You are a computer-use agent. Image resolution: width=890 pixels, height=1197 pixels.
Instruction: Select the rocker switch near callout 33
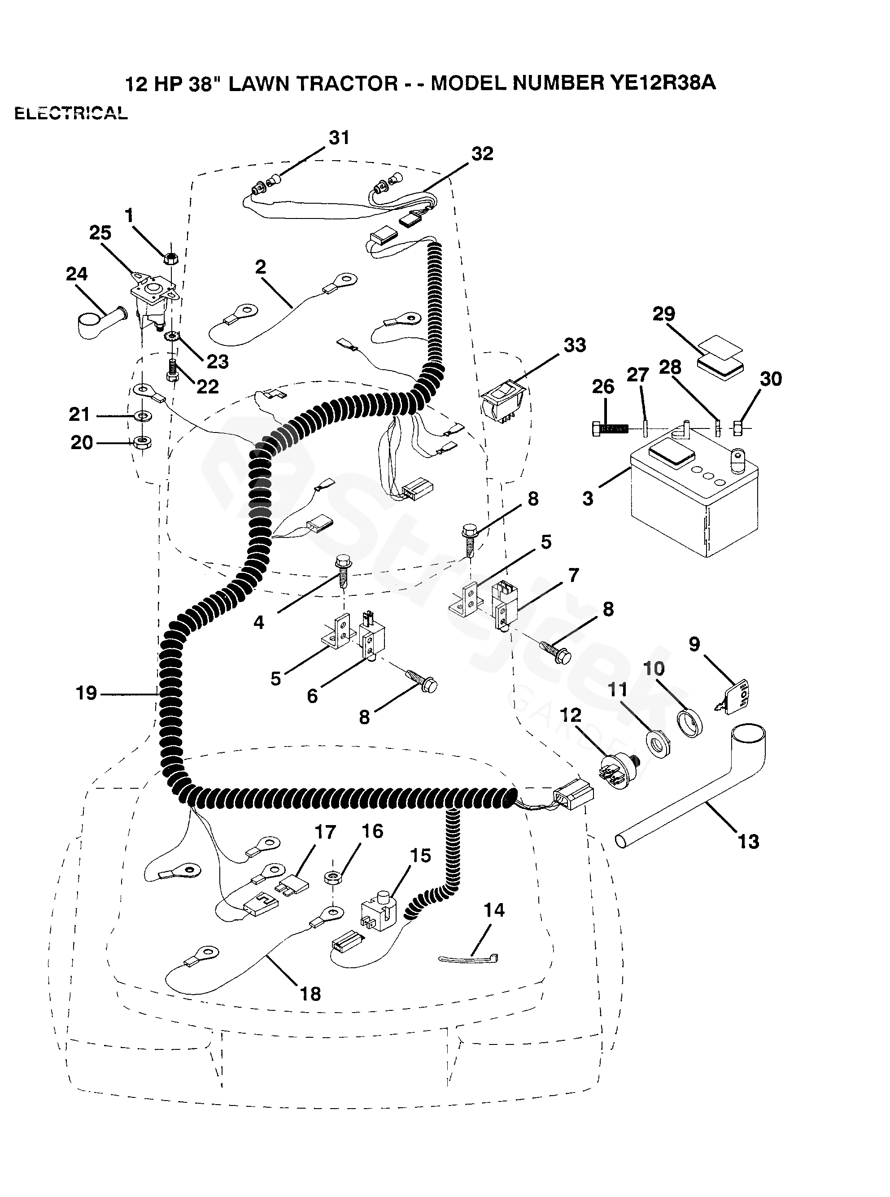[x=504, y=399]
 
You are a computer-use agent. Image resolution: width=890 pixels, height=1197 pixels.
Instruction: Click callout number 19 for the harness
[x=86, y=693]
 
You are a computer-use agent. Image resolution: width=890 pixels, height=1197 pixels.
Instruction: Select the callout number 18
[x=310, y=993]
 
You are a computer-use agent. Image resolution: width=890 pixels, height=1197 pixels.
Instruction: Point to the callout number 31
[x=339, y=138]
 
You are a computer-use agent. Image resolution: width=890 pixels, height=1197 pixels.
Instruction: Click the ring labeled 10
[x=689, y=722]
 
